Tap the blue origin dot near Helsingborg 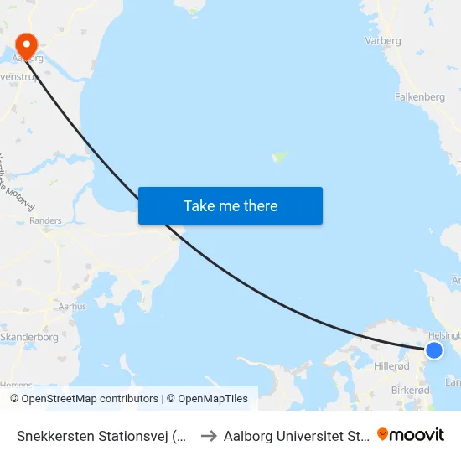click(x=434, y=350)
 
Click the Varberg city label click(x=383, y=40)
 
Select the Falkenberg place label click(x=419, y=97)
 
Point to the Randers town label click(x=45, y=221)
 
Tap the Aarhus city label click(x=72, y=307)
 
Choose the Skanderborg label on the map click(x=28, y=337)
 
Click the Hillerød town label click(x=391, y=366)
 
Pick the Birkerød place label click(x=410, y=391)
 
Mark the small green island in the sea click(x=280, y=157)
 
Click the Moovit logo click(x=411, y=434)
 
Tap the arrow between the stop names click(x=209, y=435)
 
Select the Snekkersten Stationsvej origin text click(x=102, y=435)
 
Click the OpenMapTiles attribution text click(x=210, y=399)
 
